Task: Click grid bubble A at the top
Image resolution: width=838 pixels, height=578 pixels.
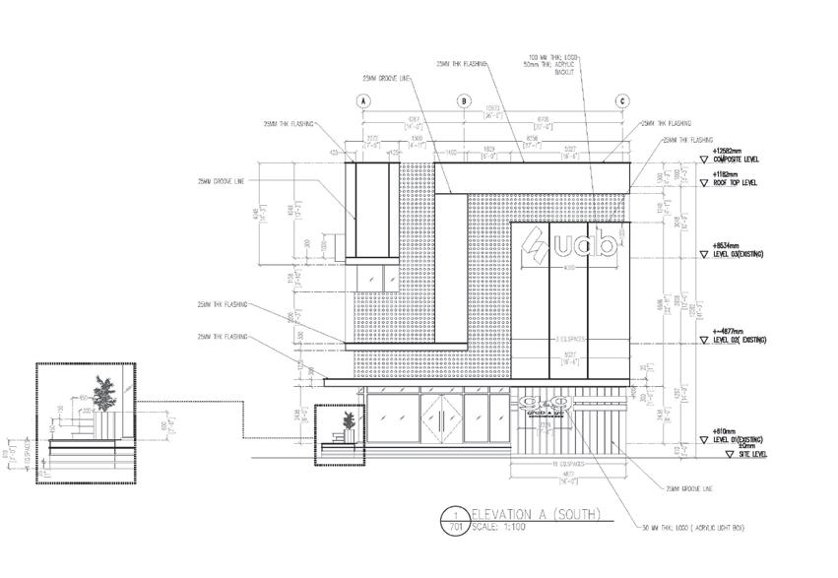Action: pyautogui.click(x=363, y=101)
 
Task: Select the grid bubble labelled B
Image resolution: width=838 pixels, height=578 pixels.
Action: pyautogui.click(x=464, y=101)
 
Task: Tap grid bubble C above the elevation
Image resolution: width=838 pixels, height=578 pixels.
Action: pyautogui.click(x=622, y=101)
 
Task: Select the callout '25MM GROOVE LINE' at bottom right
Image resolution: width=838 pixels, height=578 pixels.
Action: pyautogui.click(x=687, y=488)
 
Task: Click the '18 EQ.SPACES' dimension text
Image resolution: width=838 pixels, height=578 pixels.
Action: pyautogui.click(x=570, y=462)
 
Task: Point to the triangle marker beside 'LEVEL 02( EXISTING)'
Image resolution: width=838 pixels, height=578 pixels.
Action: pyautogui.click(x=703, y=341)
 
